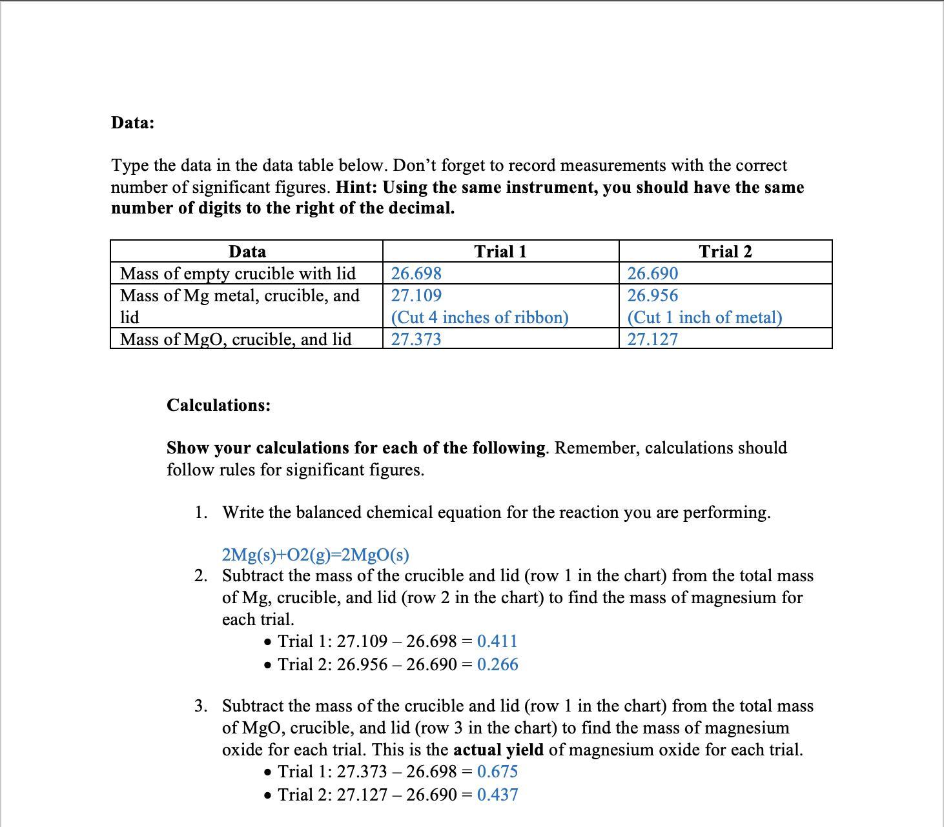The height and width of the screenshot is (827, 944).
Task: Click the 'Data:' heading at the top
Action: pyautogui.click(x=132, y=123)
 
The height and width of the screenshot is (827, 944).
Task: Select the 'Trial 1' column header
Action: pyautogui.click(x=500, y=252)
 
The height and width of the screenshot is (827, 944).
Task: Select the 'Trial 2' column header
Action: pyautogui.click(x=725, y=252)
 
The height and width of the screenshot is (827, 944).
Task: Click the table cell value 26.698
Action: pyautogui.click(x=416, y=274)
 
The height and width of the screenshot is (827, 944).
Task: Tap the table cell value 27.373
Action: pyautogui.click(x=416, y=339)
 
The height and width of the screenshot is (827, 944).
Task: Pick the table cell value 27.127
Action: pyautogui.click(x=653, y=339)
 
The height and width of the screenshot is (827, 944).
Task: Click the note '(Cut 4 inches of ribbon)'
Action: pyautogui.click(x=480, y=317)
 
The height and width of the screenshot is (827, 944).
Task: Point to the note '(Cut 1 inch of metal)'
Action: pyautogui.click(x=704, y=317)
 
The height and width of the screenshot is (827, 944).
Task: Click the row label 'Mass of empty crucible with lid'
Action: pyautogui.click(x=238, y=274)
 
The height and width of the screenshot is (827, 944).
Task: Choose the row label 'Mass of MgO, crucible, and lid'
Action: pyautogui.click(x=236, y=339)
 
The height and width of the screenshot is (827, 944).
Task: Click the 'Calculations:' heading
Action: pyautogui.click(x=218, y=405)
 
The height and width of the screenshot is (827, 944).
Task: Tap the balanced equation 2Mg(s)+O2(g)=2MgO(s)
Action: pyautogui.click(x=315, y=555)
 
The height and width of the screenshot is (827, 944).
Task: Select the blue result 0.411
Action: pyautogui.click(x=497, y=641)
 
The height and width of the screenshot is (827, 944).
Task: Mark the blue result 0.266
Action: pyautogui.click(x=497, y=664)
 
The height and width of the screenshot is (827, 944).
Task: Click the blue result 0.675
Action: pyautogui.click(x=497, y=772)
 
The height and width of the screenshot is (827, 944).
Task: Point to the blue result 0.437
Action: pyautogui.click(x=497, y=795)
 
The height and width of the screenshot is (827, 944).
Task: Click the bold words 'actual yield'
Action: pyautogui.click(x=498, y=750)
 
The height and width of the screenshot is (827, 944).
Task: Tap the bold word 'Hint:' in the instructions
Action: pyautogui.click(x=357, y=187)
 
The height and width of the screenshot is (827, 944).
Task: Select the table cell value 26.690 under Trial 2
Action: pyautogui.click(x=653, y=274)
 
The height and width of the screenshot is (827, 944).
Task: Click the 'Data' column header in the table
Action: pyautogui.click(x=247, y=252)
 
